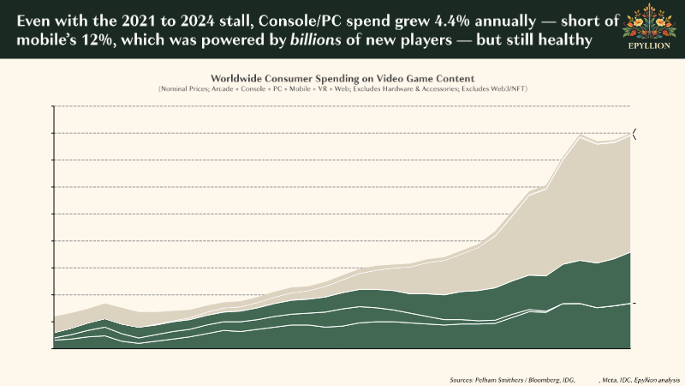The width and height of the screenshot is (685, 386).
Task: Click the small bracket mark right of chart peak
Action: (635, 133)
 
